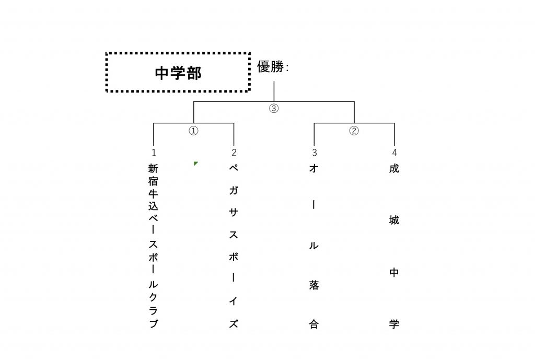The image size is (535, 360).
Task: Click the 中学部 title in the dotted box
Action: click(x=178, y=73)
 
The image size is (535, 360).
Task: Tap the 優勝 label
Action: click(x=271, y=66)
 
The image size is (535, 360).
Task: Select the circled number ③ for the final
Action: click(x=274, y=109)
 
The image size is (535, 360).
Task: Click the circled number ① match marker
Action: click(x=193, y=131)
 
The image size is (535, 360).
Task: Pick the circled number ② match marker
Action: click(x=354, y=131)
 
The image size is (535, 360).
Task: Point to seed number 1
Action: click(x=154, y=153)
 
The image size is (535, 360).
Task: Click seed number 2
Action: click(x=234, y=153)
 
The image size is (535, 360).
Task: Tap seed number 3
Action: click(x=314, y=153)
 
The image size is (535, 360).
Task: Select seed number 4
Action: click(x=394, y=153)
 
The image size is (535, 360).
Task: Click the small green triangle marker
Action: click(x=195, y=164)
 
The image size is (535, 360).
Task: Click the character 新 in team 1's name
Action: click(x=153, y=168)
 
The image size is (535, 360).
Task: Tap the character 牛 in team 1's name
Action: click(x=153, y=194)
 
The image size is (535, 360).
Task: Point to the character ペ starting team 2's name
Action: click(x=234, y=168)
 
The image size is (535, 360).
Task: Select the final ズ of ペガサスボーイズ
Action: click(x=234, y=323)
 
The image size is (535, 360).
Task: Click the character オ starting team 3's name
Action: click(x=314, y=168)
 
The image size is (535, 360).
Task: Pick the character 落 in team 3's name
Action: click(x=314, y=285)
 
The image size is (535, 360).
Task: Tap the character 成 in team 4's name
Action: click(x=394, y=168)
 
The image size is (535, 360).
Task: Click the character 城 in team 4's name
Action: click(x=394, y=220)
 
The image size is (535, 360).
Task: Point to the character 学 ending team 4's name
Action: click(x=394, y=324)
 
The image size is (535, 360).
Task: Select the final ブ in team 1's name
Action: click(x=154, y=323)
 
